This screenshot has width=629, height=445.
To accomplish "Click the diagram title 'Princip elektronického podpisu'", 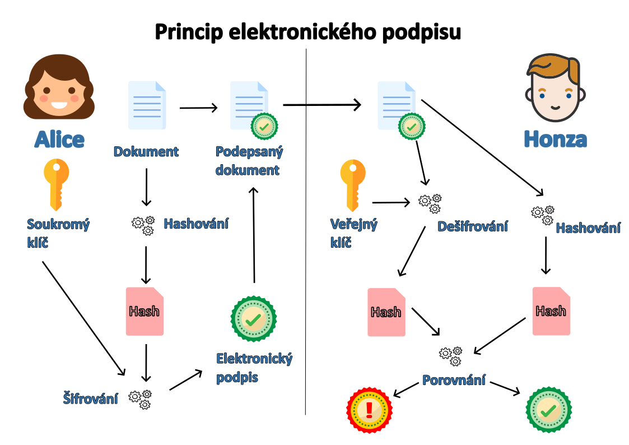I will [x=307, y=32].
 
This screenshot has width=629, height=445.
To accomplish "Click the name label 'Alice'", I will [x=59, y=140].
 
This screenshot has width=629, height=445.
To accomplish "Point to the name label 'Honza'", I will [x=555, y=139].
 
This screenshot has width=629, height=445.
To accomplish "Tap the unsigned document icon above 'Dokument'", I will [x=147, y=105].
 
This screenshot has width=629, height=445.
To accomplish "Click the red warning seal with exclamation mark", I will [x=369, y=410].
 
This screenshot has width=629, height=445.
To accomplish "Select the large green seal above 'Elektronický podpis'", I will [x=254, y=318].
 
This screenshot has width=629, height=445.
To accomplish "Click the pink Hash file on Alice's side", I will [x=145, y=312].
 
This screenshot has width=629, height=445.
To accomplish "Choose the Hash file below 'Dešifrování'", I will [x=386, y=312].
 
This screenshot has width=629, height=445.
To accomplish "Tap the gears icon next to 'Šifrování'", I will [x=140, y=398].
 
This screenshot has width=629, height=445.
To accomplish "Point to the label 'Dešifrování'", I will [x=473, y=226].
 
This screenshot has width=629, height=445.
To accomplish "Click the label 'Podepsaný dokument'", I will [x=249, y=161].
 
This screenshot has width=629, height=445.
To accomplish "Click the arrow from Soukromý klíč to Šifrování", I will [x=83, y=317].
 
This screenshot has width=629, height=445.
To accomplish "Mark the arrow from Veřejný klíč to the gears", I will [x=390, y=202].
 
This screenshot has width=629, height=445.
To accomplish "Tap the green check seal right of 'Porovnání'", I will [x=548, y=410].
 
